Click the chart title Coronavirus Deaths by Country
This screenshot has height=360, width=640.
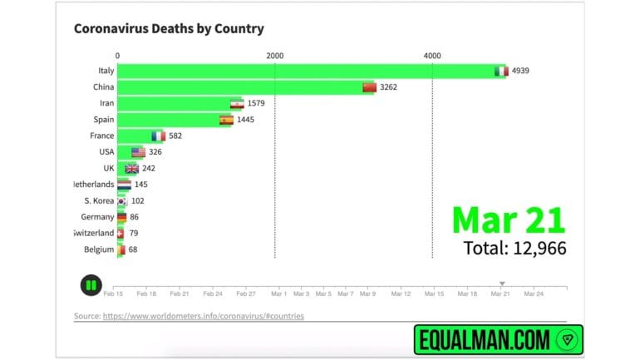click(169, 29)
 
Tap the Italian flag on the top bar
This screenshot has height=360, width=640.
click(500, 72)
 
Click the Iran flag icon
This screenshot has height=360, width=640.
click(237, 104)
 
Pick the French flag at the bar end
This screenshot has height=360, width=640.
click(158, 136)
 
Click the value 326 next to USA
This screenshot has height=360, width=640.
click(155, 152)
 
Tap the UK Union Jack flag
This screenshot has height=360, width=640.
click(131, 169)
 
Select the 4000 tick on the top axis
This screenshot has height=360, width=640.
click(432, 55)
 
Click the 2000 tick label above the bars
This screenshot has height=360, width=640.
click(274, 55)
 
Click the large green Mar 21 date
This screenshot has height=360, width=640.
click(509, 218)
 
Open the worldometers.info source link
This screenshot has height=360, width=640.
click(203, 316)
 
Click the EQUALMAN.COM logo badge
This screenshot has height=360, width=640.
click(498, 339)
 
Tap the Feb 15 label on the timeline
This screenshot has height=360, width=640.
click(114, 293)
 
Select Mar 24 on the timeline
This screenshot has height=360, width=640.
click(533, 293)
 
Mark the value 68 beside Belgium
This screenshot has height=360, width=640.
click(133, 249)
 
